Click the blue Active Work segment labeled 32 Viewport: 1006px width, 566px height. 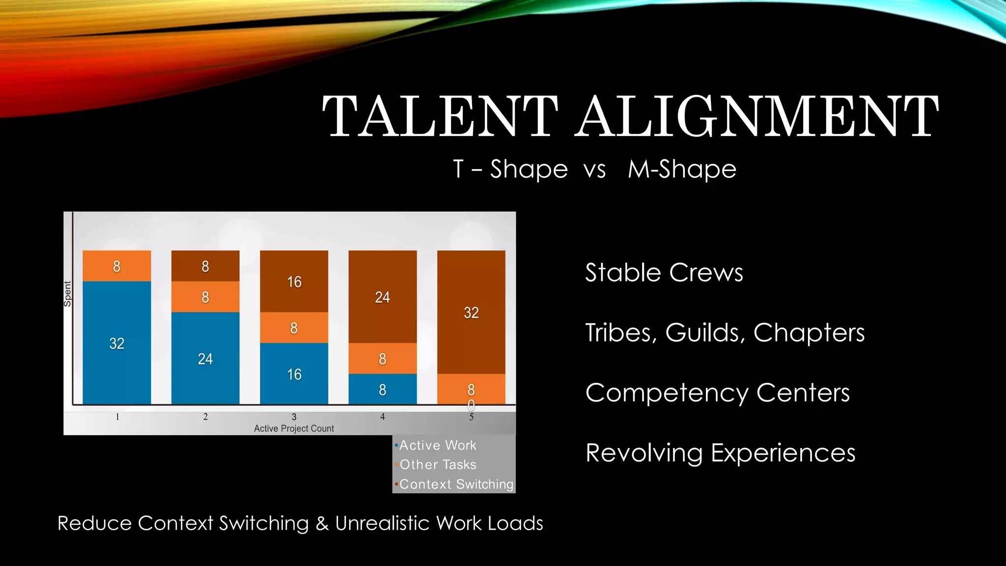[117, 343]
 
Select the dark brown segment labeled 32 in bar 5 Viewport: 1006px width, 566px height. [471, 312]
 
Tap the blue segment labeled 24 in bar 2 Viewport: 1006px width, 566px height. [205, 359]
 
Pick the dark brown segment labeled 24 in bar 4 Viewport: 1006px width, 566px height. [383, 297]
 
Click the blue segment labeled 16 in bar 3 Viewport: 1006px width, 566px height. [294, 374]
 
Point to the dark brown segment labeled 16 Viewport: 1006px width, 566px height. [294, 282]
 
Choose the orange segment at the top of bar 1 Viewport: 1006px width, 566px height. [117, 266]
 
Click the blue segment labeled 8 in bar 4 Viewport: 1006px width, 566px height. [383, 390]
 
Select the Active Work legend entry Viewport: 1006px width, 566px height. [437, 446]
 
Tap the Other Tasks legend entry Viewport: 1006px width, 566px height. [438, 465]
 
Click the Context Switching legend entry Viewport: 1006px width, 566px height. [456, 484]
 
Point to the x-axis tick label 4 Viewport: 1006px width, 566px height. [383, 417]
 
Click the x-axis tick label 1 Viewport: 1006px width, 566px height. [117, 417]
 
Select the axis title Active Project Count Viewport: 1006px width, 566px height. [294, 428]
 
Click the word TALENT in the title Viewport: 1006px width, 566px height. [440, 116]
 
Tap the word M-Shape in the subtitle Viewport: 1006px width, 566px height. [682, 170]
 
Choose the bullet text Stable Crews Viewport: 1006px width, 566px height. [664, 273]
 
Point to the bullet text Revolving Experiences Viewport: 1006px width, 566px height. [720, 453]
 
